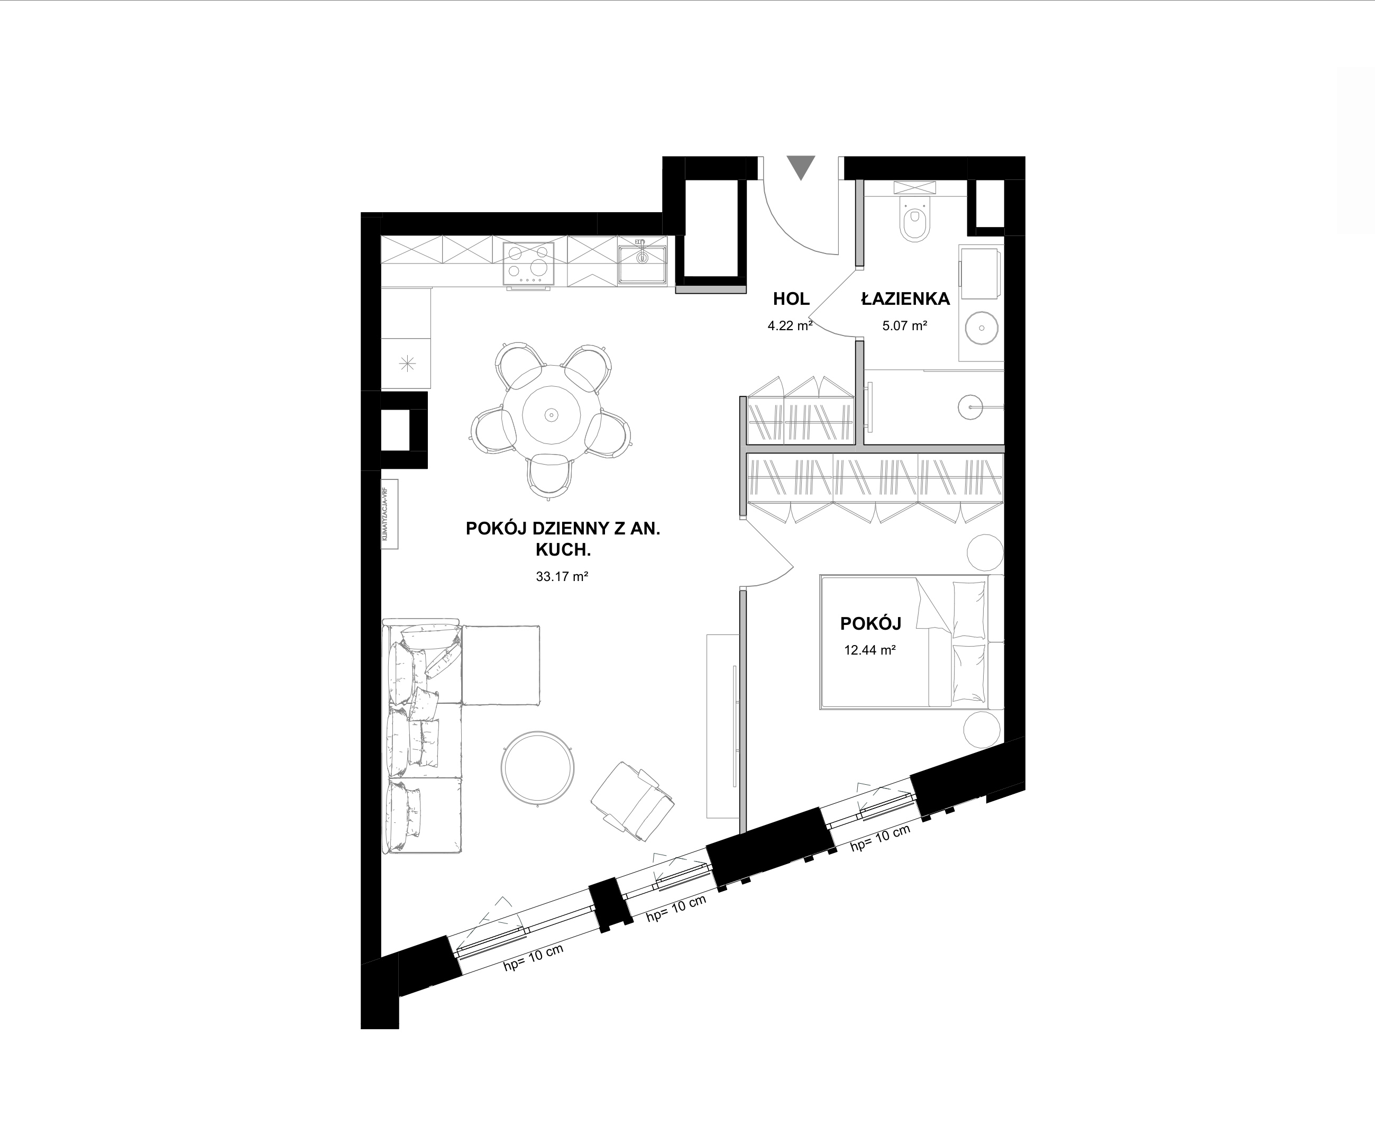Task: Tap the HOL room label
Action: click(x=791, y=300)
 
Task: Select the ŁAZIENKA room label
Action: click(x=905, y=300)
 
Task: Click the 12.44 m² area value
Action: click(x=870, y=650)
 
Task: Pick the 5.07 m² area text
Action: click(x=905, y=325)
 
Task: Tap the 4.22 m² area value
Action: click(x=790, y=325)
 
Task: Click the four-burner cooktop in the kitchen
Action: click(x=528, y=264)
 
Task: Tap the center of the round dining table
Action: click(x=551, y=415)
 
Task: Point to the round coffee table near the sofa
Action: click(x=538, y=768)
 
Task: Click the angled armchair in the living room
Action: click(x=632, y=801)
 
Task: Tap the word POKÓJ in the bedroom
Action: click(x=871, y=623)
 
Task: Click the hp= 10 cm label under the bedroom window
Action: click(x=880, y=838)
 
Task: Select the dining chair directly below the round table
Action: click(x=550, y=476)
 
